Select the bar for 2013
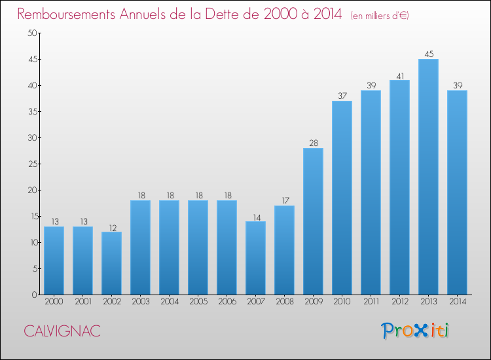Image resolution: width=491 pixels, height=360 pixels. pyautogui.click(x=428, y=177)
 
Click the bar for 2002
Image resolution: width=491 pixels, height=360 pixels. pyautogui.click(x=111, y=263)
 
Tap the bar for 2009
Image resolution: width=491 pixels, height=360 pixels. pyautogui.click(x=313, y=221)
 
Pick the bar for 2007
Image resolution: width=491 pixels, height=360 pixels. pyautogui.click(x=255, y=258)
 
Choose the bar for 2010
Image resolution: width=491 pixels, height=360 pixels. pyautogui.click(x=342, y=198)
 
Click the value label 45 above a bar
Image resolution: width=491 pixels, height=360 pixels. pyautogui.click(x=428, y=54)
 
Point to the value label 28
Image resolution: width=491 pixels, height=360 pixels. pyautogui.click(x=313, y=143)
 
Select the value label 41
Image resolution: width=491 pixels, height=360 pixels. pyautogui.click(x=399, y=75)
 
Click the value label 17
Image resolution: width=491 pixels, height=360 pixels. pyautogui.click(x=284, y=200)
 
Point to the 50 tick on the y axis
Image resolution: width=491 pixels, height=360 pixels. pyautogui.click(x=31, y=33)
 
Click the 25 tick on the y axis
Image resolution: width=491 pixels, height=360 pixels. pyautogui.click(x=31, y=164)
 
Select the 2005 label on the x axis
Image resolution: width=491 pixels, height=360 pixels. pyautogui.click(x=198, y=302)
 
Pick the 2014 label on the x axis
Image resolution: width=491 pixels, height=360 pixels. pyautogui.click(x=457, y=302)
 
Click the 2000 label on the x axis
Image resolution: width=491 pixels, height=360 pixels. pyautogui.click(x=54, y=302)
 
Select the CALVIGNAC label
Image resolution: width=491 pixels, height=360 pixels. pyautogui.click(x=62, y=331)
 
